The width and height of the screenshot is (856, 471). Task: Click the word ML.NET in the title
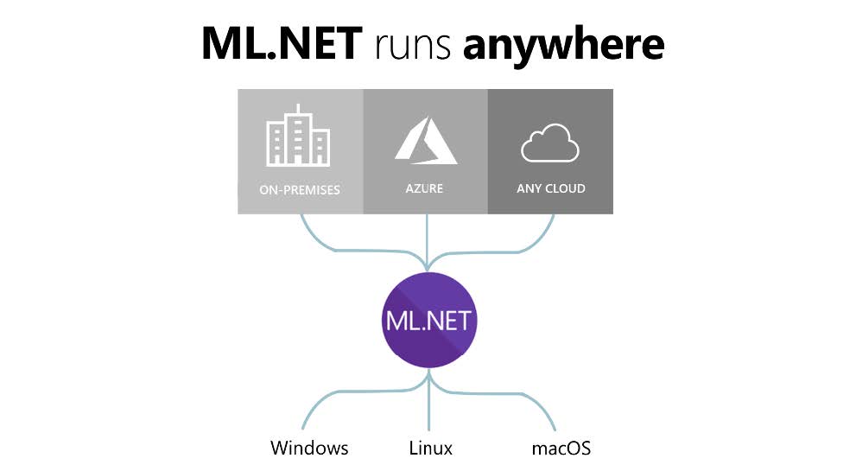click(282, 42)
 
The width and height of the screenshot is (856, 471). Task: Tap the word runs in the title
click(412, 44)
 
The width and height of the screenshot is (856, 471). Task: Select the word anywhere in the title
click(563, 46)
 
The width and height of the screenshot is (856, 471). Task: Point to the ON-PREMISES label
click(300, 188)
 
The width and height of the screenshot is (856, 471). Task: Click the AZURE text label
click(425, 188)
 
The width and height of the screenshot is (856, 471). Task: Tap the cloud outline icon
click(550, 143)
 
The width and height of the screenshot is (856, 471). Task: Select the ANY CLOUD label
click(550, 188)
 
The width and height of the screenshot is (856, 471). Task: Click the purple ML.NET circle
click(429, 321)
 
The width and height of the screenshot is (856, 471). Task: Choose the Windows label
click(309, 448)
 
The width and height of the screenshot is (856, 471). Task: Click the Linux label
click(430, 448)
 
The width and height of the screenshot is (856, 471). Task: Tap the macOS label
click(561, 448)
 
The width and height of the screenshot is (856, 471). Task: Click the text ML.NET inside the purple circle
click(429, 321)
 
